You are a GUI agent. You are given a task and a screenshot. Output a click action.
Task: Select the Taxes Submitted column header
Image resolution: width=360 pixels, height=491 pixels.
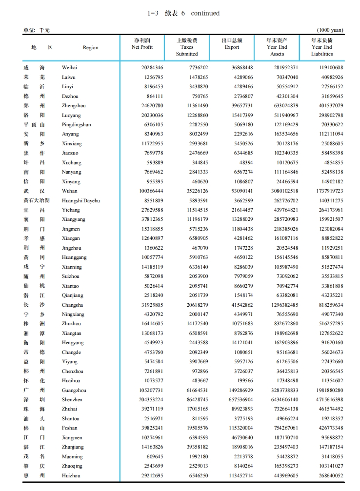coord(187,47)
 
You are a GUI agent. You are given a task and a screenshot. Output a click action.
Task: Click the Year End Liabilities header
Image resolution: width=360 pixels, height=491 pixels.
coord(322,47)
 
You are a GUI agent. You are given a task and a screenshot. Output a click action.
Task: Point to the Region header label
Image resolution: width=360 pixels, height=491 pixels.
coord(90,48)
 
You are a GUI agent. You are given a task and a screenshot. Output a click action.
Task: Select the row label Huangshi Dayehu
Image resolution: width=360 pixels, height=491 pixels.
coord(80,200)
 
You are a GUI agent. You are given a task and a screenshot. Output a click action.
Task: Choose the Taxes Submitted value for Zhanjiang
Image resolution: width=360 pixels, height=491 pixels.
coord(194,447)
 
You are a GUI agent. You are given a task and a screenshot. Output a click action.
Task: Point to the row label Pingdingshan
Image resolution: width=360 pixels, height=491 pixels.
coord(76,125)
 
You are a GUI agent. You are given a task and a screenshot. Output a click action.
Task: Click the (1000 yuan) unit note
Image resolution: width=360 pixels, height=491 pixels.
coord(330,30)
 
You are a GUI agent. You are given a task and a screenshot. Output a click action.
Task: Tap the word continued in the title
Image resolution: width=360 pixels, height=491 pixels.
coord(205,13)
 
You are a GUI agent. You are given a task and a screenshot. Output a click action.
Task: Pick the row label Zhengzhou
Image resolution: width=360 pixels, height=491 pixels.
coord(74,106)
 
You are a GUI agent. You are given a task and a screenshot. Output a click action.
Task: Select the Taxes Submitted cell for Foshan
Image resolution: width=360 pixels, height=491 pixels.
coord(194,428)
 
